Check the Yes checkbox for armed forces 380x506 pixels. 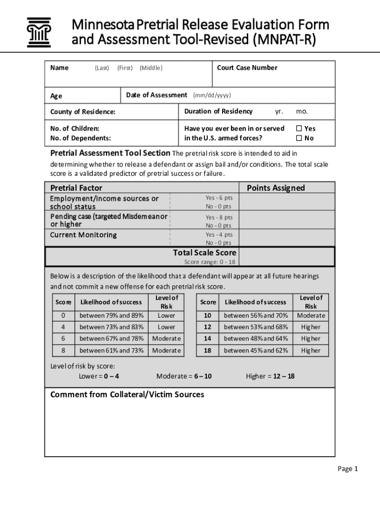point(299,128)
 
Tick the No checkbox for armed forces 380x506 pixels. point(299,138)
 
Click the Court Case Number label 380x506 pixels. point(247,68)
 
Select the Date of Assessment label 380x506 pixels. point(156,95)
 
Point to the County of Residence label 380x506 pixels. point(83,112)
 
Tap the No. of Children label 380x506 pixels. point(75,128)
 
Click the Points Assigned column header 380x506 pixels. point(275,188)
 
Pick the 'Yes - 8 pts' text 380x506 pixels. point(219,217)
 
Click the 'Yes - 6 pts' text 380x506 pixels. point(219,198)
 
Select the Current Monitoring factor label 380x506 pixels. point(83,235)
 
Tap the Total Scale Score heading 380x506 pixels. point(204,253)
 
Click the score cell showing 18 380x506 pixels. point(208,350)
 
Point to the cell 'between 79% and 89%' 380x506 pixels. point(112,315)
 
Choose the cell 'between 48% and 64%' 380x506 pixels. point(256,338)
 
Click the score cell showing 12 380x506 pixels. point(208,327)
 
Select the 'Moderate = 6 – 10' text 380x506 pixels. point(184,376)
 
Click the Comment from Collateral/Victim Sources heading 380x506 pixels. point(127,394)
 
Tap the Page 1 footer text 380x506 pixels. point(347,468)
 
